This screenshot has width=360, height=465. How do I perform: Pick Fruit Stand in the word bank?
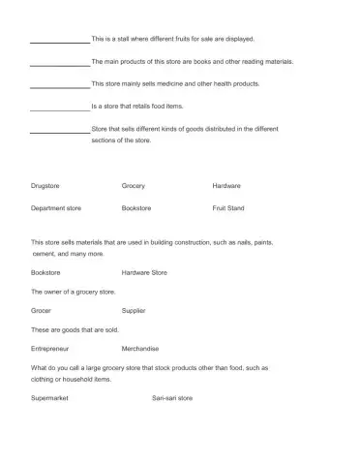228,207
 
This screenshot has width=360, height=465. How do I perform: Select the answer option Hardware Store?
144,272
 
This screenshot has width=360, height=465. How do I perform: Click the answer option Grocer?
42,310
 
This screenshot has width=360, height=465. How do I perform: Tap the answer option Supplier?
134,310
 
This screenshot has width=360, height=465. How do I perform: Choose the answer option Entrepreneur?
50,348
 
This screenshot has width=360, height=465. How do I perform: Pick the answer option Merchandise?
140,348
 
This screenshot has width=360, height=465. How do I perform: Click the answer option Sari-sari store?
172,397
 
